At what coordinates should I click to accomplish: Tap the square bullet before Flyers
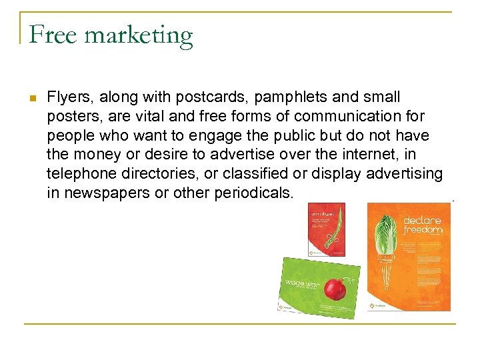[x=32, y=98]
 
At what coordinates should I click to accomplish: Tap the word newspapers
[x=103, y=193]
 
